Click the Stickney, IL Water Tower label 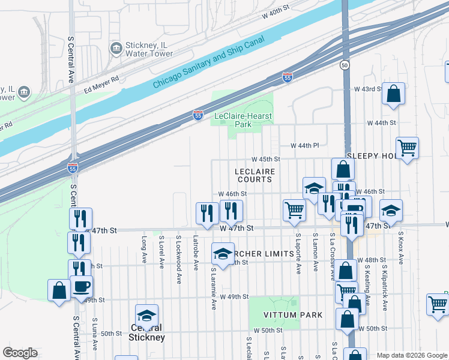[149, 49]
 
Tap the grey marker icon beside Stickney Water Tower [115, 47]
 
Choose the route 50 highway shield [345, 64]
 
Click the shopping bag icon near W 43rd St [393, 94]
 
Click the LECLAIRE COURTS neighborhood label [255, 175]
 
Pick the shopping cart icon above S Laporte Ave [295, 210]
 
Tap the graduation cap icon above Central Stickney [146, 315]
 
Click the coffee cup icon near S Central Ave [81, 286]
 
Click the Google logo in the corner [20, 353]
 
